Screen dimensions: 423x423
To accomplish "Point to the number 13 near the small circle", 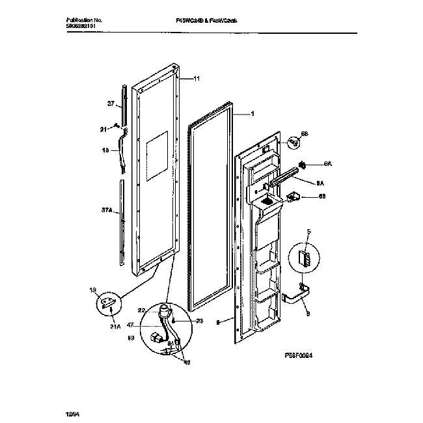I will (x=92, y=290).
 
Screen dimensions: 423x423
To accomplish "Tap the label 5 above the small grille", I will (x=309, y=231).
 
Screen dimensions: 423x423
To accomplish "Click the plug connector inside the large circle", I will (x=156, y=338).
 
